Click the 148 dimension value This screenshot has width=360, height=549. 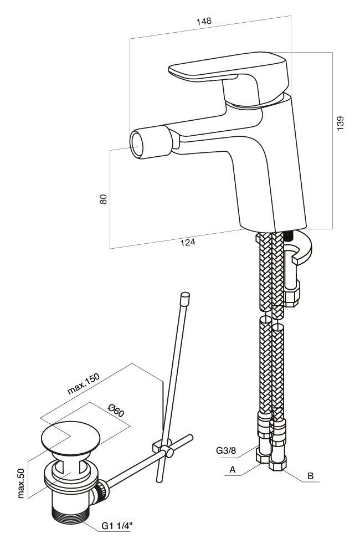pyautogui.click(x=204, y=21)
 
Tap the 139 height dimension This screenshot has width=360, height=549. pyautogui.click(x=341, y=123)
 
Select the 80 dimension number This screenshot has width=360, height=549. pyautogui.click(x=104, y=199)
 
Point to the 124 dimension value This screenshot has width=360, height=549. pyautogui.click(x=188, y=242)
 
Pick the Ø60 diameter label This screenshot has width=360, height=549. pyautogui.click(x=116, y=410)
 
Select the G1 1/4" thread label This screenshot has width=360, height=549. pyautogui.click(x=117, y=526)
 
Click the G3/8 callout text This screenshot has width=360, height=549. pyautogui.click(x=226, y=450)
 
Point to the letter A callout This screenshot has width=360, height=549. pyautogui.click(x=232, y=470)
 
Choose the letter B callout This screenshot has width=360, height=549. pyautogui.click(x=310, y=476)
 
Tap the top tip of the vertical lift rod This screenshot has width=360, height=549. pyautogui.click(x=184, y=295)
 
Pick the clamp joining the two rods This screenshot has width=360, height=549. pyautogui.click(x=162, y=448)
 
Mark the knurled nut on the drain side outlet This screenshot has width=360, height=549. pyautogui.click(x=102, y=490)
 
